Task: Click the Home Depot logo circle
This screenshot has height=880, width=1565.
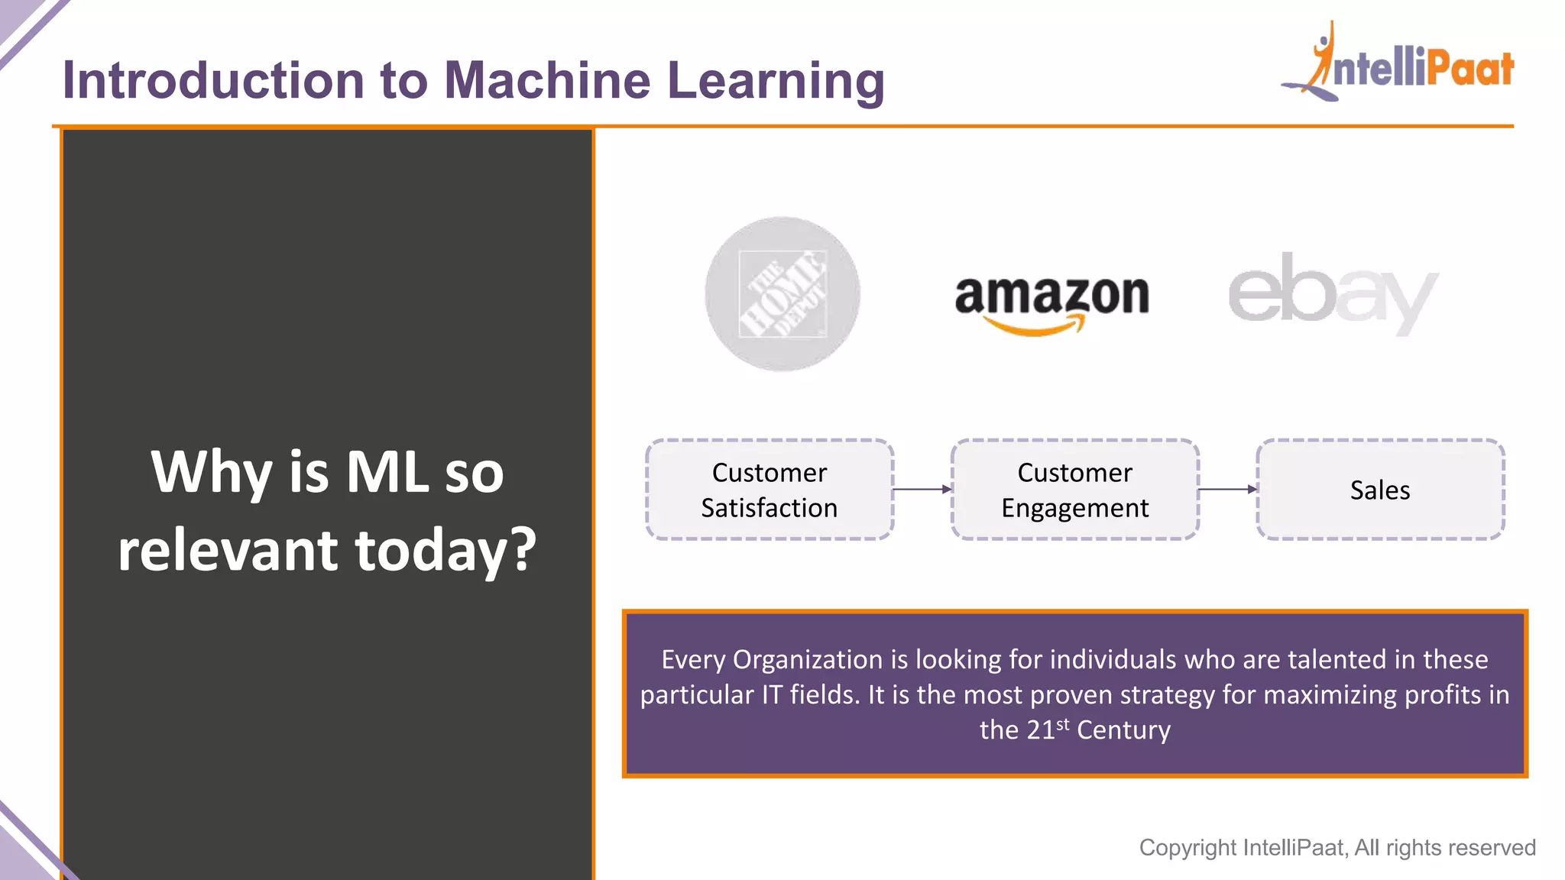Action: point(782,294)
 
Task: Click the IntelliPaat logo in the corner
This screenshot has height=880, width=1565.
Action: point(1398,65)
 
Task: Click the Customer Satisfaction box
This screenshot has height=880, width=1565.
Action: point(770,490)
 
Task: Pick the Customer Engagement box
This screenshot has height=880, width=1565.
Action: point(1074,490)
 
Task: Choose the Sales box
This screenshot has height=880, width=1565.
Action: point(1380,490)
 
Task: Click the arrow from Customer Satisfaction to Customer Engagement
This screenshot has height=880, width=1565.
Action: point(922,489)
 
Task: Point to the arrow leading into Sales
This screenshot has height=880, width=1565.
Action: point(1227,489)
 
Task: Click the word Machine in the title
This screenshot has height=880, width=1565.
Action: point(547,80)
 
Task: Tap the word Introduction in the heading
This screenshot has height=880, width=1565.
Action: point(213,80)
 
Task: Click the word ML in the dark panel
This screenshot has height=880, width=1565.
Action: point(387,472)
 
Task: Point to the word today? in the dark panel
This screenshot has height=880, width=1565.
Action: point(446,551)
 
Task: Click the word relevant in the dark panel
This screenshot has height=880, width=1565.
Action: point(228,551)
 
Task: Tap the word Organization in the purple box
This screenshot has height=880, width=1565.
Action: point(807,659)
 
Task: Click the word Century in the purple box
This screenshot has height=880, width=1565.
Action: point(1123,730)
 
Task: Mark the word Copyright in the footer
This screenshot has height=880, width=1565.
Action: point(1188,847)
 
